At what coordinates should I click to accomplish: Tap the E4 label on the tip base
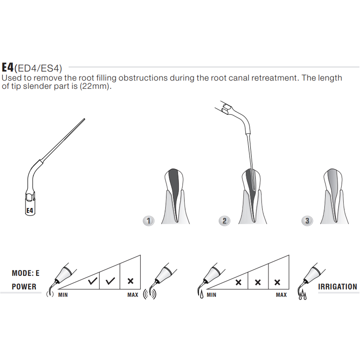[x=30, y=211]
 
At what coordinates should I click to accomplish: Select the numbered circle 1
[x=148, y=221]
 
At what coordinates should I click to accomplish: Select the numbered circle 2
[x=224, y=221]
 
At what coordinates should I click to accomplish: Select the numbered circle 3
[x=307, y=221]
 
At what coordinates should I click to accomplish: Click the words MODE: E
[x=25, y=273]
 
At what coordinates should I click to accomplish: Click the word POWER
[x=24, y=286]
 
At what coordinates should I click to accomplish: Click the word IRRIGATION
[x=337, y=286]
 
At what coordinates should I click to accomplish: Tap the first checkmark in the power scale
[x=93, y=281]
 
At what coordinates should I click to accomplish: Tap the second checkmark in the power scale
[x=110, y=281]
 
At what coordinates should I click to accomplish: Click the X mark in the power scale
[x=130, y=281]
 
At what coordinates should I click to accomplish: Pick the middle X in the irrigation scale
[x=258, y=282]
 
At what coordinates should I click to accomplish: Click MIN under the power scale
[x=63, y=295]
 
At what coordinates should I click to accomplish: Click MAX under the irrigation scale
[x=281, y=295]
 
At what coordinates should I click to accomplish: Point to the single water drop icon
[x=201, y=295]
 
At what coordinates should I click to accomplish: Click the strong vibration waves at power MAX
[x=150, y=294]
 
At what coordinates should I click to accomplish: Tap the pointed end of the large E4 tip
[x=84, y=119]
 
